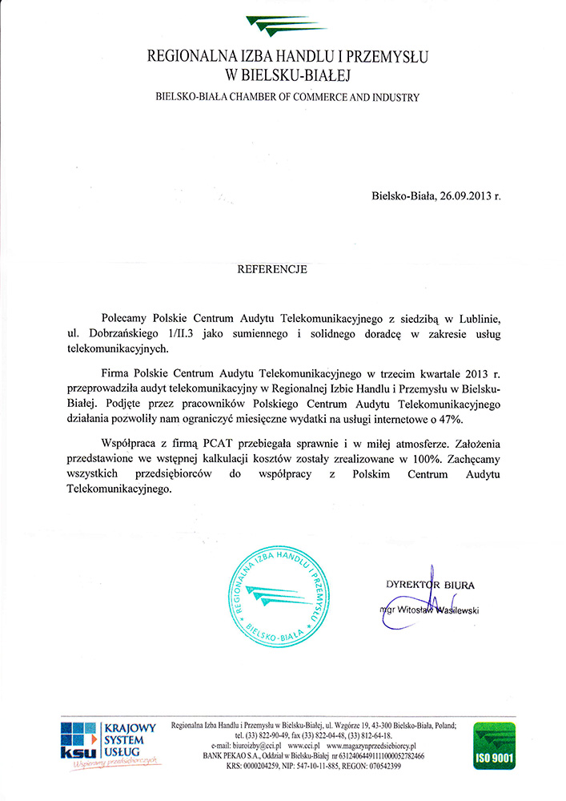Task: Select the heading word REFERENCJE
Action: (x=272, y=270)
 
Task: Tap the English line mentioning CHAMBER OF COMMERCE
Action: (x=287, y=97)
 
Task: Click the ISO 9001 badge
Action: (x=494, y=746)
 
